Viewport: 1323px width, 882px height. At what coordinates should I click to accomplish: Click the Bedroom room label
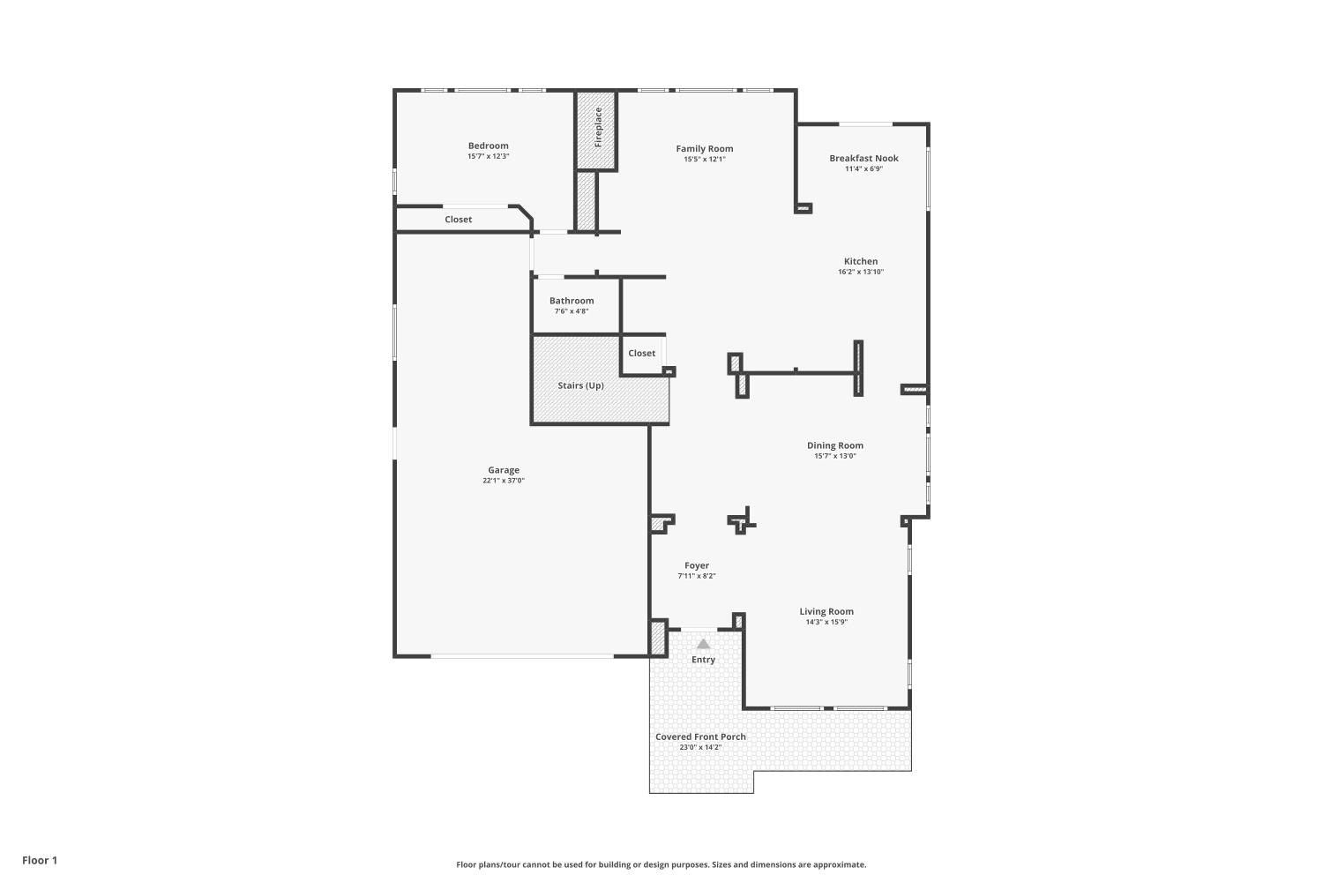click(488, 146)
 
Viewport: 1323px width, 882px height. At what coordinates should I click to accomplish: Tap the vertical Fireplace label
click(598, 127)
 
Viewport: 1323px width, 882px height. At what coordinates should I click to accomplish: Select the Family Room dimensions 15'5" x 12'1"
click(705, 160)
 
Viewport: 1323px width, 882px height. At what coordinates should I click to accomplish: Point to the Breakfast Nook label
click(863, 158)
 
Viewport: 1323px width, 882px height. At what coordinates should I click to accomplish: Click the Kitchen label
click(861, 261)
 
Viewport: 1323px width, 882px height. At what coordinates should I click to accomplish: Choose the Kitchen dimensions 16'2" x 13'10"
click(861, 272)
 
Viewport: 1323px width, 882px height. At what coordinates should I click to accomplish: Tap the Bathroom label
click(572, 301)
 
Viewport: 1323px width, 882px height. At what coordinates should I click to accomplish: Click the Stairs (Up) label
click(580, 385)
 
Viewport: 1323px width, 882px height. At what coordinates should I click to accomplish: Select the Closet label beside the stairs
click(641, 353)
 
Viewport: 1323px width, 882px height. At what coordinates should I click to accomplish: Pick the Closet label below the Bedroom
click(458, 219)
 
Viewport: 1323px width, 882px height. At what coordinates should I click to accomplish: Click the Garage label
click(504, 470)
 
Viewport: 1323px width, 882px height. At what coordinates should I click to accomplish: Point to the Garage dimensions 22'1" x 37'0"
click(504, 481)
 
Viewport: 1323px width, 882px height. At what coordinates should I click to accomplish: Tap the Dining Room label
click(834, 445)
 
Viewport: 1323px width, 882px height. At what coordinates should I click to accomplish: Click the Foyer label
click(697, 565)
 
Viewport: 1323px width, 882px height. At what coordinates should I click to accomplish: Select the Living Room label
click(826, 611)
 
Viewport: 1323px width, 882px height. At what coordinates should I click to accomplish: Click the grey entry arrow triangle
click(703, 644)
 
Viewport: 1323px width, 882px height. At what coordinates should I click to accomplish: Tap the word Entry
click(703, 660)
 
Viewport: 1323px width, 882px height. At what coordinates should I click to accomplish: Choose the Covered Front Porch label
click(700, 736)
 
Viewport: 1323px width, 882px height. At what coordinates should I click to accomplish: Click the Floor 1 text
click(40, 860)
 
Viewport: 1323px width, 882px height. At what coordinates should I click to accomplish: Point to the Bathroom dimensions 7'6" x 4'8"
click(572, 311)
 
